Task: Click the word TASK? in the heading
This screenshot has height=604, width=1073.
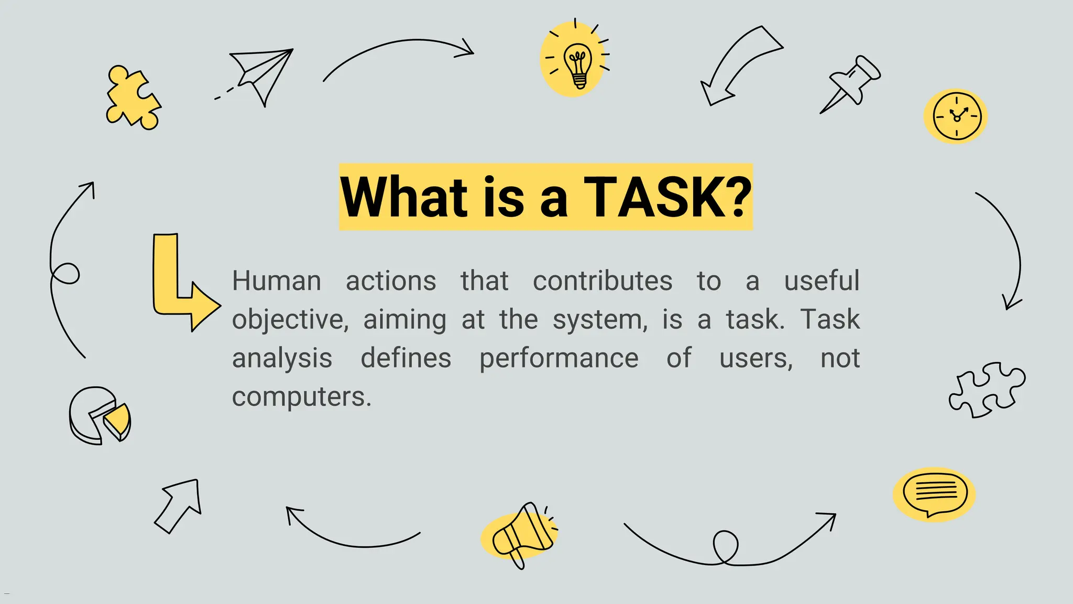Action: pyautogui.click(x=667, y=197)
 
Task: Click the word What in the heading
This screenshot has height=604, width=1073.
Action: pyautogui.click(x=403, y=197)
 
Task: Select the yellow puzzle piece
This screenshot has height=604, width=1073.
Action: pyautogui.click(x=132, y=99)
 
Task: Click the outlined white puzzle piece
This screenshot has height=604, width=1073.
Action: pyautogui.click(x=986, y=390)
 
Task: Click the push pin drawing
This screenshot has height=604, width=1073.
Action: pyautogui.click(x=852, y=84)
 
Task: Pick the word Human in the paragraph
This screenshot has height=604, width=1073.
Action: pyautogui.click(x=276, y=281)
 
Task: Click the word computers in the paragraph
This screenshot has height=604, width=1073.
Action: pyautogui.click(x=301, y=397)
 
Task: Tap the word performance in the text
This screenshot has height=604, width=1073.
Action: pyautogui.click(x=559, y=359)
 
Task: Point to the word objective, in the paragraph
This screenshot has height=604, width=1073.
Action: pyautogui.click(x=290, y=320)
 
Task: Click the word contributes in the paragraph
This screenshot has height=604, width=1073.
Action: pyautogui.click(x=602, y=281)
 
